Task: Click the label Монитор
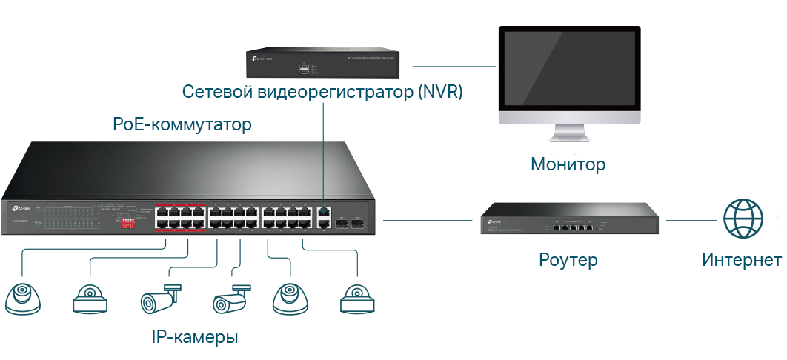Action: (x=568, y=164)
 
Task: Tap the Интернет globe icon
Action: (x=743, y=219)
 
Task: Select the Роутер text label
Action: (x=568, y=260)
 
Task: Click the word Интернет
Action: (x=741, y=260)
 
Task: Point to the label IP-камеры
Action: (x=195, y=338)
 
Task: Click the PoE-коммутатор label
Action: (x=182, y=124)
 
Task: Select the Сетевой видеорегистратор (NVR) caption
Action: (x=322, y=93)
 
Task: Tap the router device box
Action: (x=569, y=220)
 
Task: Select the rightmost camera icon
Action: (x=358, y=299)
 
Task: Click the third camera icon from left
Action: (x=159, y=299)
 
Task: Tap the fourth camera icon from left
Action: (x=230, y=299)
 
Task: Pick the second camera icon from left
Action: (x=90, y=299)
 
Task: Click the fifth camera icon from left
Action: (x=290, y=298)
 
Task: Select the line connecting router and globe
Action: (x=694, y=220)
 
